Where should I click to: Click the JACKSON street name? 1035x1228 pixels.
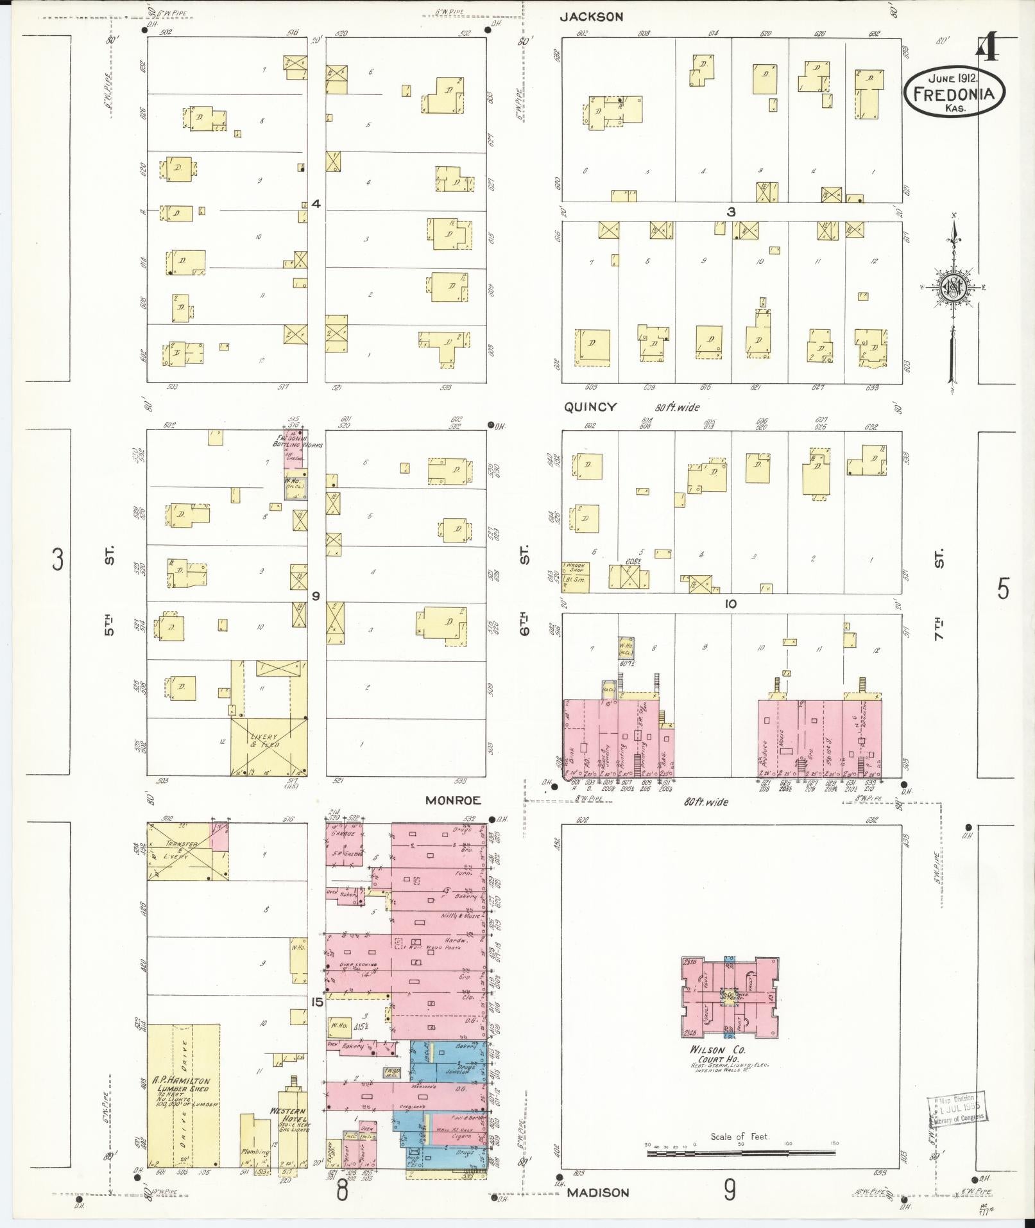590,17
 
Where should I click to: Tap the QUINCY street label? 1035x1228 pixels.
590,407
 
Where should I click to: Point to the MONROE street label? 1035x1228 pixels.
452,800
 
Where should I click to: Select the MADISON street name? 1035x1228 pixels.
598,1193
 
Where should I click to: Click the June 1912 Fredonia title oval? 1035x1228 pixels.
954,94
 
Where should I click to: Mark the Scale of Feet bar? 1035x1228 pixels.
741,1154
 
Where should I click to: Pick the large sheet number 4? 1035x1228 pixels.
988,48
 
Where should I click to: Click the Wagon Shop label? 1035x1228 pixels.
576,568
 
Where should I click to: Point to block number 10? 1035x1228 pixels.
730,604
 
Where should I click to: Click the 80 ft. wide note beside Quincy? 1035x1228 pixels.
678,408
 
